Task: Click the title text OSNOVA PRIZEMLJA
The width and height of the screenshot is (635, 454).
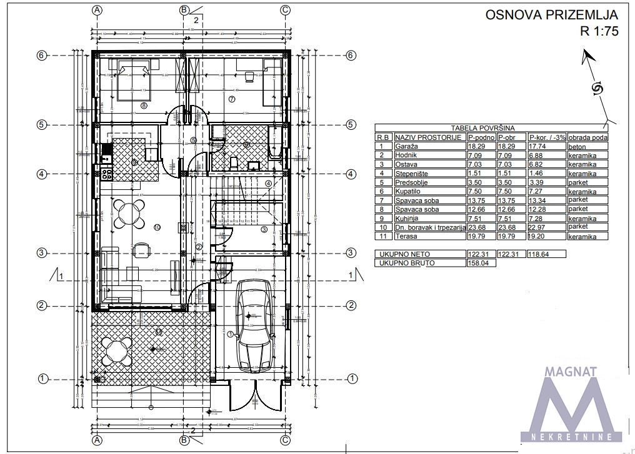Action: click(x=551, y=15)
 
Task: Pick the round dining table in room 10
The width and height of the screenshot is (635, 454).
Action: click(x=127, y=215)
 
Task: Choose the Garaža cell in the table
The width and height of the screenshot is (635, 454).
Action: click(x=407, y=146)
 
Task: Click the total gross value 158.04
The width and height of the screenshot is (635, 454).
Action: click(x=478, y=263)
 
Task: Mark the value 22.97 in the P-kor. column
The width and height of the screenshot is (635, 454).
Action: click(x=539, y=227)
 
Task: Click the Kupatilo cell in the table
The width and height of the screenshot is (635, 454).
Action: click(x=409, y=192)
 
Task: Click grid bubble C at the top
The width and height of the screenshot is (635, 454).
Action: click(x=285, y=10)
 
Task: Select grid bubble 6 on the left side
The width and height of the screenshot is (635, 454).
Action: click(x=42, y=56)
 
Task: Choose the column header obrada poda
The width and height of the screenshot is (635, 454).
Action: click(x=587, y=137)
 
